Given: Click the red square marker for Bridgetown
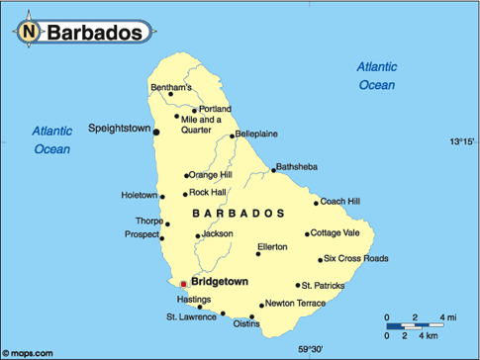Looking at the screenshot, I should pyautogui.click(x=183, y=284).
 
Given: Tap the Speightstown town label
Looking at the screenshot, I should pyautogui.click(x=119, y=129).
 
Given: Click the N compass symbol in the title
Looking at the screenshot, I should pyautogui.click(x=29, y=33).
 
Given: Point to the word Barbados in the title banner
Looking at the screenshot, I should pyautogui.click(x=98, y=33).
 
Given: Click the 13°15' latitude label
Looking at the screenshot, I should pyautogui.click(x=461, y=142).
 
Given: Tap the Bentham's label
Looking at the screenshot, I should pyautogui.click(x=171, y=88).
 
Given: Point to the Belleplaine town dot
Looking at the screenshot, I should pyautogui.click(x=230, y=135).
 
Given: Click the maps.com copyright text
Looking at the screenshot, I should pyautogui.click(x=27, y=352).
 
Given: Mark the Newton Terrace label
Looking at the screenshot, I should pyautogui.click(x=295, y=305).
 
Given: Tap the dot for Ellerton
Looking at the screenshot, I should pyautogui.click(x=257, y=254).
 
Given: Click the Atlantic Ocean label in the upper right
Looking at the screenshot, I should pyautogui.click(x=376, y=75).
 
